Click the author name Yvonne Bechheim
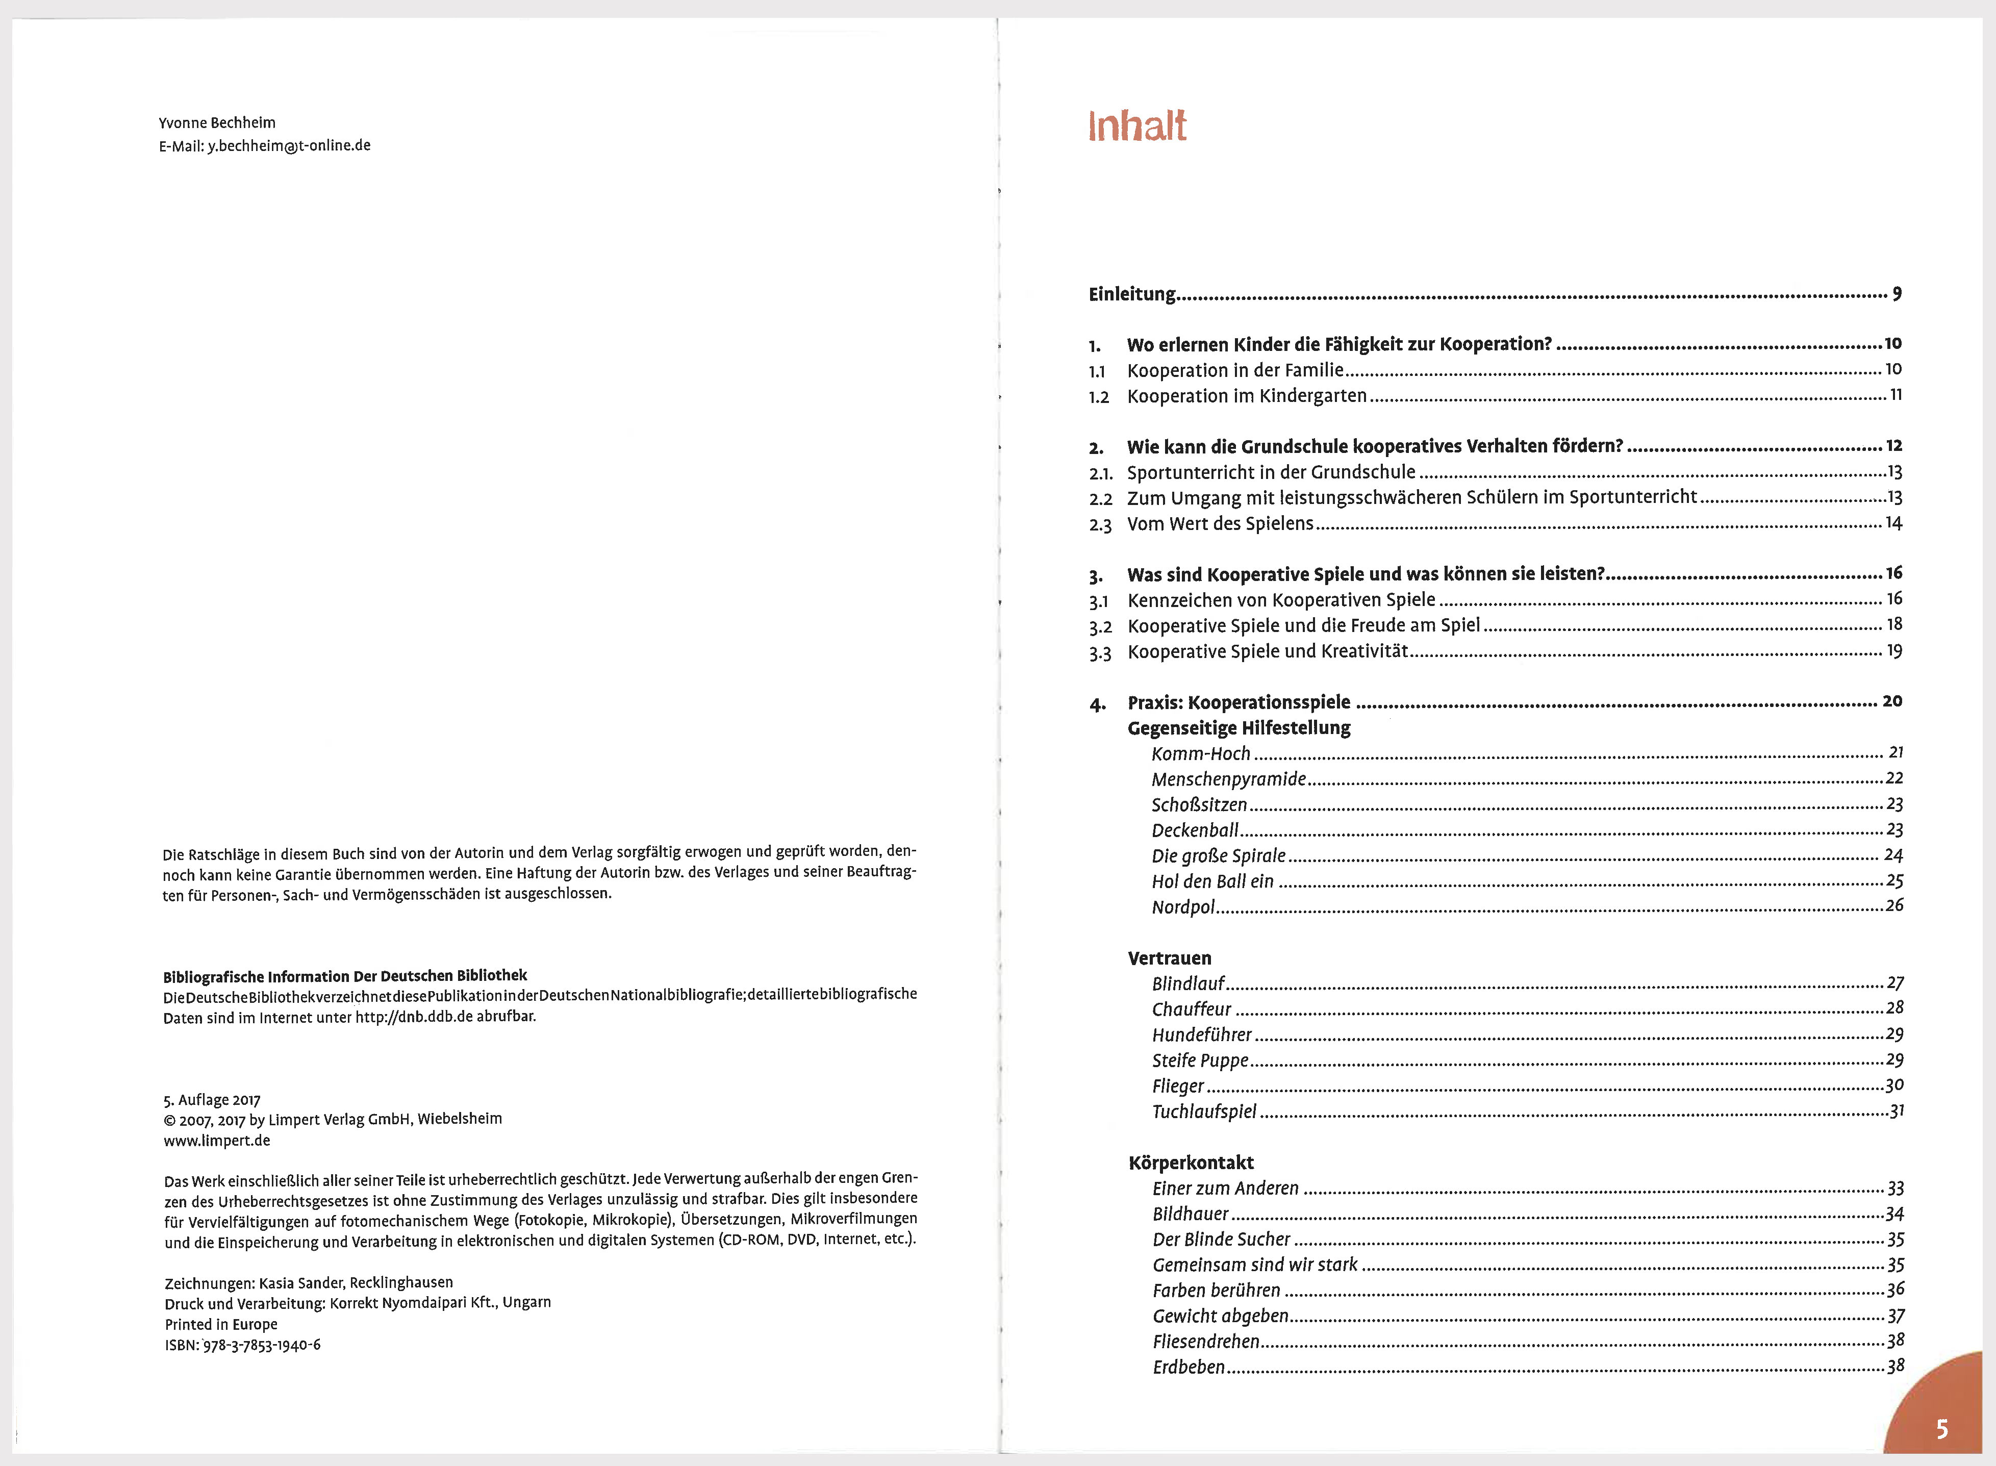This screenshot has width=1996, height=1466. pyautogui.click(x=217, y=122)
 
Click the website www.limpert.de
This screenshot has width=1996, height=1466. pyautogui.click(x=217, y=1141)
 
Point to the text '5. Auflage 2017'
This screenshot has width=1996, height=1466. pyautogui.click(x=211, y=1100)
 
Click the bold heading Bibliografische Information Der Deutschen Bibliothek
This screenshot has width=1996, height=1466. pyautogui.click(x=344, y=975)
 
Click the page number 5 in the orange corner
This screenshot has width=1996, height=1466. pyautogui.click(x=1942, y=1429)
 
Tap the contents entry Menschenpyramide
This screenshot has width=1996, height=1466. pyautogui.click(x=1228, y=779)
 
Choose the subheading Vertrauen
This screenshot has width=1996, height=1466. pyautogui.click(x=1169, y=957)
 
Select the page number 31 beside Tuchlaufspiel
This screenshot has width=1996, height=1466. pyautogui.click(x=1895, y=1110)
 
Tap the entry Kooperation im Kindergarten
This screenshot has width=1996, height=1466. pyautogui.click(x=1246, y=396)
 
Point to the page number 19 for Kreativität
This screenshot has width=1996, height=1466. pyautogui.click(x=1894, y=651)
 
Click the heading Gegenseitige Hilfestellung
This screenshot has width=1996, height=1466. pyautogui.click(x=1239, y=728)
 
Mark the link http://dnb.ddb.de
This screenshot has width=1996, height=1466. pyautogui.click(x=414, y=1017)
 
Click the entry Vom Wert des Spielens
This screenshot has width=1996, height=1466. pyautogui.click(x=1220, y=523)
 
